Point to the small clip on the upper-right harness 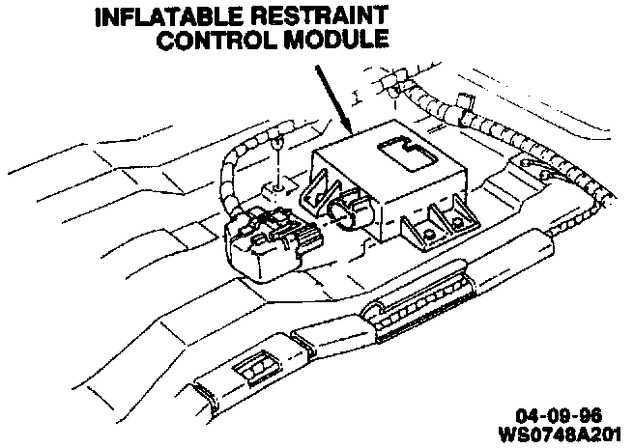[x=464, y=98]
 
